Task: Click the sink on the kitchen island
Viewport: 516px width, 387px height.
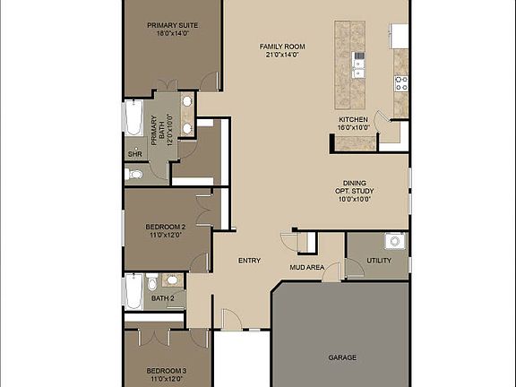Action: click(x=359, y=60)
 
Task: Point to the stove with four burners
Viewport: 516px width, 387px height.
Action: click(x=400, y=83)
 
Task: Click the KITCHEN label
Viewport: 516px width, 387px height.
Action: click(x=353, y=119)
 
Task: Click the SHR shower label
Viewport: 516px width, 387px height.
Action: click(x=134, y=154)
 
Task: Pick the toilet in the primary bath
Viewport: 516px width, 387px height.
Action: click(x=134, y=174)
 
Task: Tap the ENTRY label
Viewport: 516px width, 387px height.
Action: click(x=249, y=261)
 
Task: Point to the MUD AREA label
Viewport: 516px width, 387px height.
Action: click(x=305, y=267)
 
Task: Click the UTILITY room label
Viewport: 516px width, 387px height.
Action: click(x=379, y=261)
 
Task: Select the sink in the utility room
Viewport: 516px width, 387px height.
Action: click(x=391, y=241)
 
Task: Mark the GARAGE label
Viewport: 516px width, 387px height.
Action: click(x=342, y=357)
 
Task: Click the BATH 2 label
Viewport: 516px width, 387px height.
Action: click(x=162, y=298)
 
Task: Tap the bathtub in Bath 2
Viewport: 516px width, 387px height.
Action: click(x=133, y=291)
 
